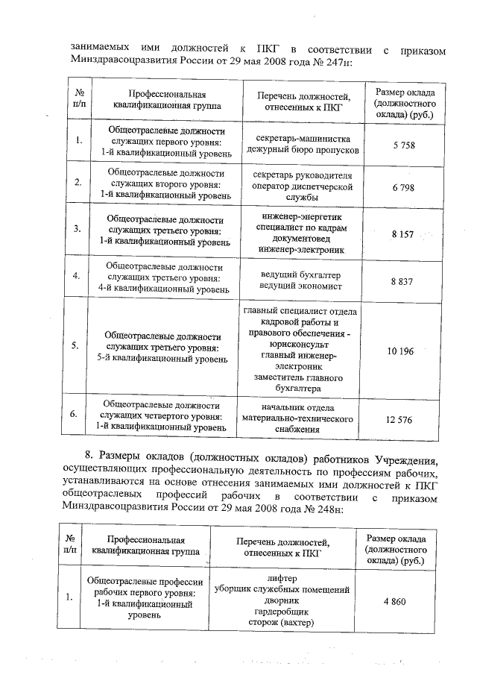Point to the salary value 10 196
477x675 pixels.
(x=400, y=351)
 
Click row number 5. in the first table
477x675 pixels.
(x=78, y=346)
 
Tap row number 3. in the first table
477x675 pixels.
(x=78, y=228)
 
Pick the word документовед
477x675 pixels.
(x=303, y=238)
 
